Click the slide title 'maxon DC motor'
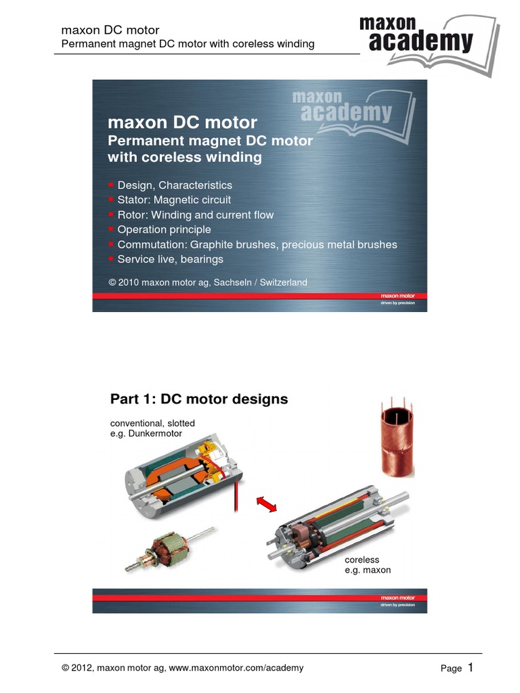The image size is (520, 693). (x=182, y=122)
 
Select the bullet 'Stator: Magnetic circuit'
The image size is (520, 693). (x=174, y=200)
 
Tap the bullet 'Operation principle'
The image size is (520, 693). (x=164, y=230)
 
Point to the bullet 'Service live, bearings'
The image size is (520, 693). (x=170, y=260)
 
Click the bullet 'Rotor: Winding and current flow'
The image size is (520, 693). (x=195, y=215)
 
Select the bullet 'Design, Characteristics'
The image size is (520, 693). (x=174, y=185)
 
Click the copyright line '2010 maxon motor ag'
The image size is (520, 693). (x=207, y=282)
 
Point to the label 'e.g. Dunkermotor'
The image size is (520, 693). (x=146, y=434)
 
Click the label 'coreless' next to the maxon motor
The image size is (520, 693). (x=362, y=560)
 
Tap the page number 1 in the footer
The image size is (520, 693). (x=470, y=667)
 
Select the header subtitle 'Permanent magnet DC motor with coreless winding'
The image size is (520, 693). (x=188, y=44)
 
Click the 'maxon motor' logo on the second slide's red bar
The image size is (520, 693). (x=397, y=598)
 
